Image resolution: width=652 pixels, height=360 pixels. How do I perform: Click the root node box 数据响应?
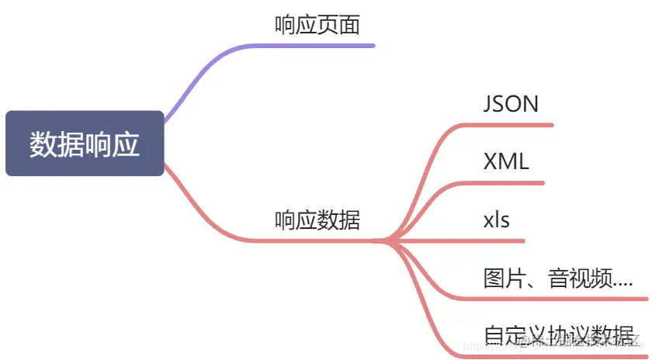click(85, 144)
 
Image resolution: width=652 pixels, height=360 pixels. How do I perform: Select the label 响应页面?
click(317, 25)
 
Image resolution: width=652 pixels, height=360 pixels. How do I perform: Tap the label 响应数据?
click(317, 220)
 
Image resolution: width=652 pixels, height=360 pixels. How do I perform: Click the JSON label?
click(510, 104)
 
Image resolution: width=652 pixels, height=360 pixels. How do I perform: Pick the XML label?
click(505, 161)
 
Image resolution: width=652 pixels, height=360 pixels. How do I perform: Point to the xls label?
click(496, 220)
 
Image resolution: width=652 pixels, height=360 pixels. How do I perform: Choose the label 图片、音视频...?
click(557, 278)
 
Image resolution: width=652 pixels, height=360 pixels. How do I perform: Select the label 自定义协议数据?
click(557, 335)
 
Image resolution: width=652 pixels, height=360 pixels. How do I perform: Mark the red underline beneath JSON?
click(520, 125)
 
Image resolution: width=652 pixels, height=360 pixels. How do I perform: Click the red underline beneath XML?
click(512, 183)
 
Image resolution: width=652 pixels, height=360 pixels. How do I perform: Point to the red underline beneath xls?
click(497, 241)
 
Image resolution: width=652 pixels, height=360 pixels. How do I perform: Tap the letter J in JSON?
click(488, 104)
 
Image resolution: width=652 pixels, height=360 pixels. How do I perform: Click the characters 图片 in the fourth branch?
click(501, 278)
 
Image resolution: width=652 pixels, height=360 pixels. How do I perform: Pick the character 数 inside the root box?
click(43, 144)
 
